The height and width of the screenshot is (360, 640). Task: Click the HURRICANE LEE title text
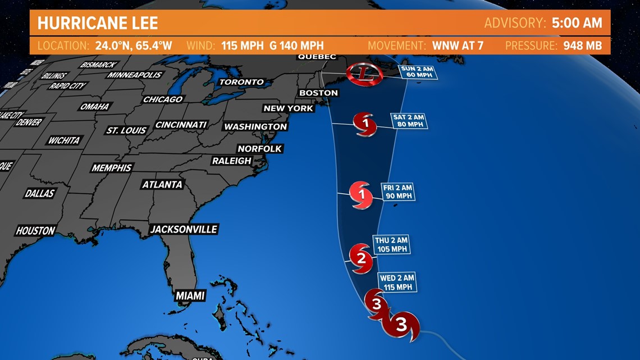coord(98,23)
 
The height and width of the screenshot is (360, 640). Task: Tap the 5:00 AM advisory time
coord(577,23)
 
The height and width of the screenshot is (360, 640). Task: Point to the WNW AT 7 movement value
coord(458,45)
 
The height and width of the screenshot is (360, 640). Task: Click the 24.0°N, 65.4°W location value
coord(134,45)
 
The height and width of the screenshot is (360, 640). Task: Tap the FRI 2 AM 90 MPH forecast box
coord(397,192)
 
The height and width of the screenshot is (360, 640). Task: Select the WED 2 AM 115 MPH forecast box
coord(397,282)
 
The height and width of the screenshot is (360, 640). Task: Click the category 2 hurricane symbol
coord(361,258)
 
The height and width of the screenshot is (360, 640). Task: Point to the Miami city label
coord(190,296)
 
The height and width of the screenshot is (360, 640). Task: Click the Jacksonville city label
coord(184,229)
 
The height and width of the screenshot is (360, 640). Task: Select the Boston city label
coord(318,93)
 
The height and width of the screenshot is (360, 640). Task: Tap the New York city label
coord(289,108)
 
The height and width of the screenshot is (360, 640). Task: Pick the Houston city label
coord(35,231)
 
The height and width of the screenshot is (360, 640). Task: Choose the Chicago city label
coord(163,99)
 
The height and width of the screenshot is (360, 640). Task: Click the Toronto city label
coord(241,82)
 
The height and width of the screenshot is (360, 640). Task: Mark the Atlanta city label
coord(162,184)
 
